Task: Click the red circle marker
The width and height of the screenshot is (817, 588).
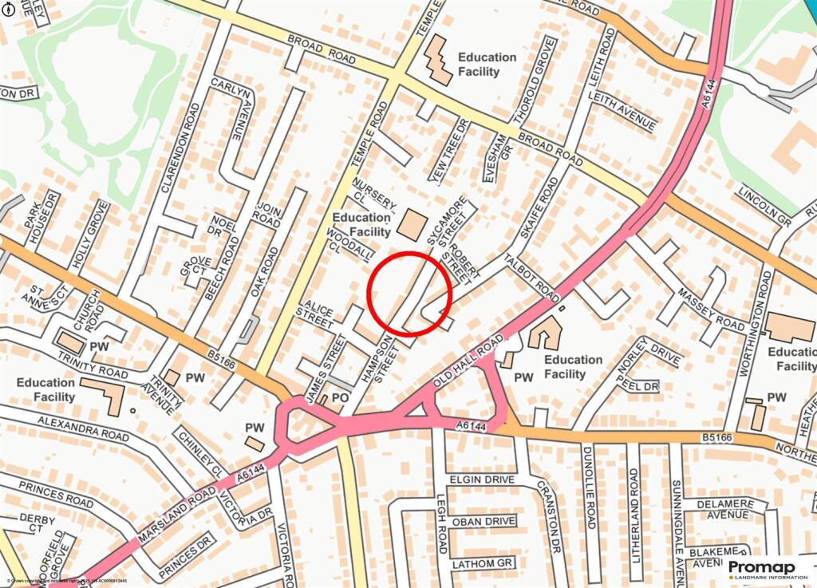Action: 409,293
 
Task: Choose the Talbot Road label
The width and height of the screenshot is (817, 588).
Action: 531,278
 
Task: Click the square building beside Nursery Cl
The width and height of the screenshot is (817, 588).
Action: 412,224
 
